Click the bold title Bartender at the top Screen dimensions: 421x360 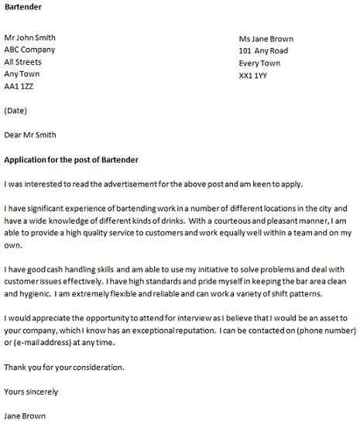click(23, 7)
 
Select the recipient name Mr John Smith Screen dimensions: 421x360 click(29, 37)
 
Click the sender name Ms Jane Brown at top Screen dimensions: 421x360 click(266, 39)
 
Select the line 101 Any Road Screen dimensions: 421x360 click(264, 52)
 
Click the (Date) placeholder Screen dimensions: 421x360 click(16, 111)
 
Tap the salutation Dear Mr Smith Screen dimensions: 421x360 click(30, 135)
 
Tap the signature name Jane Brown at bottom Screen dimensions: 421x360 click(25, 416)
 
